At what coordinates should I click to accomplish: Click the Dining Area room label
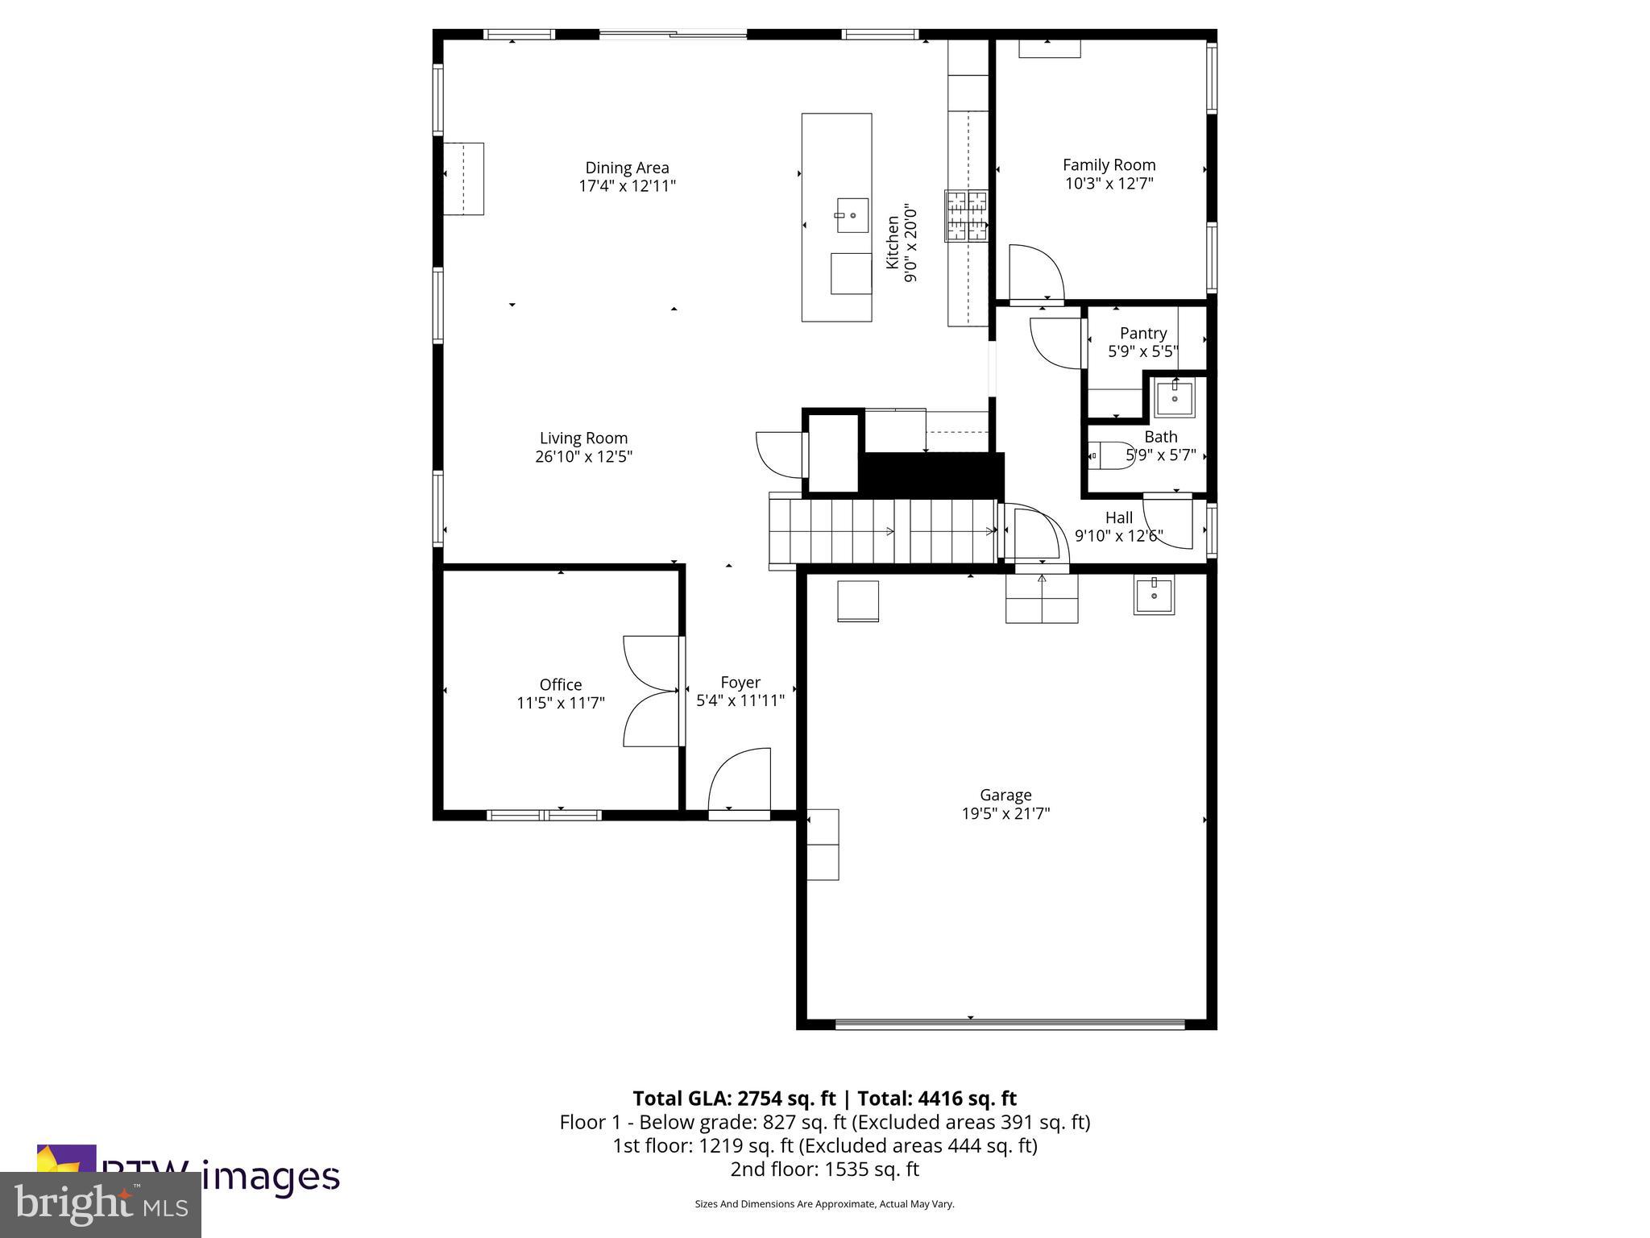tap(627, 168)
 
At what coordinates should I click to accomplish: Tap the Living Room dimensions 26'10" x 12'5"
tap(583, 456)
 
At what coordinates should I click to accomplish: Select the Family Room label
tap(1109, 164)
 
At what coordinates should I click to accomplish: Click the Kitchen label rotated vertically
tap(893, 242)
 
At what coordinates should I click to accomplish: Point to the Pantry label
tap(1142, 333)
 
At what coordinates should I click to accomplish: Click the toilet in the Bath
tap(1112, 456)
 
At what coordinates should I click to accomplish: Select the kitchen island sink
tap(852, 215)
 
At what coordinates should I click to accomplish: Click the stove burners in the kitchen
tap(966, 215)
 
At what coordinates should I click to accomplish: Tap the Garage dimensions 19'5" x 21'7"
tap(1005, 813)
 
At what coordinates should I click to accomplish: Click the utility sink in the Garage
tap(1154, 595)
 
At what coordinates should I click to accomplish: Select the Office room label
tap(561, 684)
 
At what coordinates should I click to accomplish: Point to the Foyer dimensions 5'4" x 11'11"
tap(740, 700)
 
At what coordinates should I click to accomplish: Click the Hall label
tap(1118, 517)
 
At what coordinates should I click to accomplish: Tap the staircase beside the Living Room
tap(883, 530)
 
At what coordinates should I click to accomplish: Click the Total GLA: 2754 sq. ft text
tap(734, 1099)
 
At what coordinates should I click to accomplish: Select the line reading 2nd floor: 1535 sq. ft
tap(824, 1169)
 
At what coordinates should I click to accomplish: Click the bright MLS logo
tap(100, 1204)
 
